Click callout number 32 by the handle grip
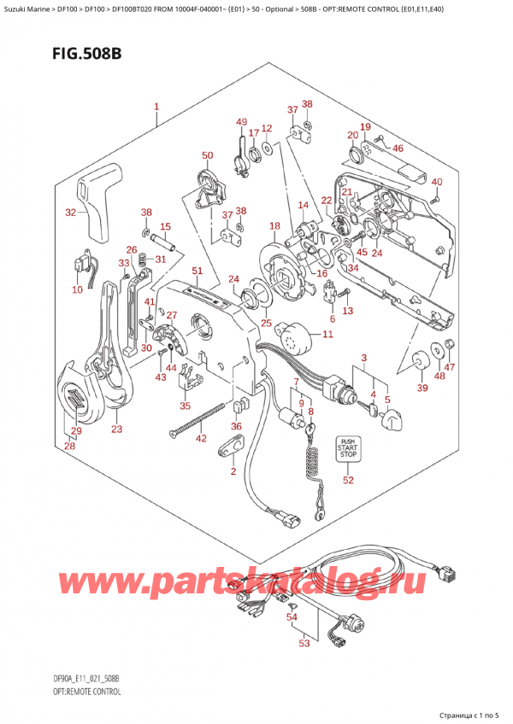[x=71, y=213]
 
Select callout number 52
[x=347, y=481]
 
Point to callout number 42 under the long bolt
[x=200, y=440]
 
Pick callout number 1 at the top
[x=156, y=108]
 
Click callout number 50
[x=206, y=155]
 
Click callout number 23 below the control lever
[x=117, y=429]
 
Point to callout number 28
[x=69, y=446]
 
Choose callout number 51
[x=197, y=271]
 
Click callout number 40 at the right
[x=437, y=182]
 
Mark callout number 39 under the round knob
[x=420, y=388]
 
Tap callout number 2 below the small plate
[x=233, y=472]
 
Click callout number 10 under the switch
[x=77, y=290]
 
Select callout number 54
[x=292, y=616]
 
